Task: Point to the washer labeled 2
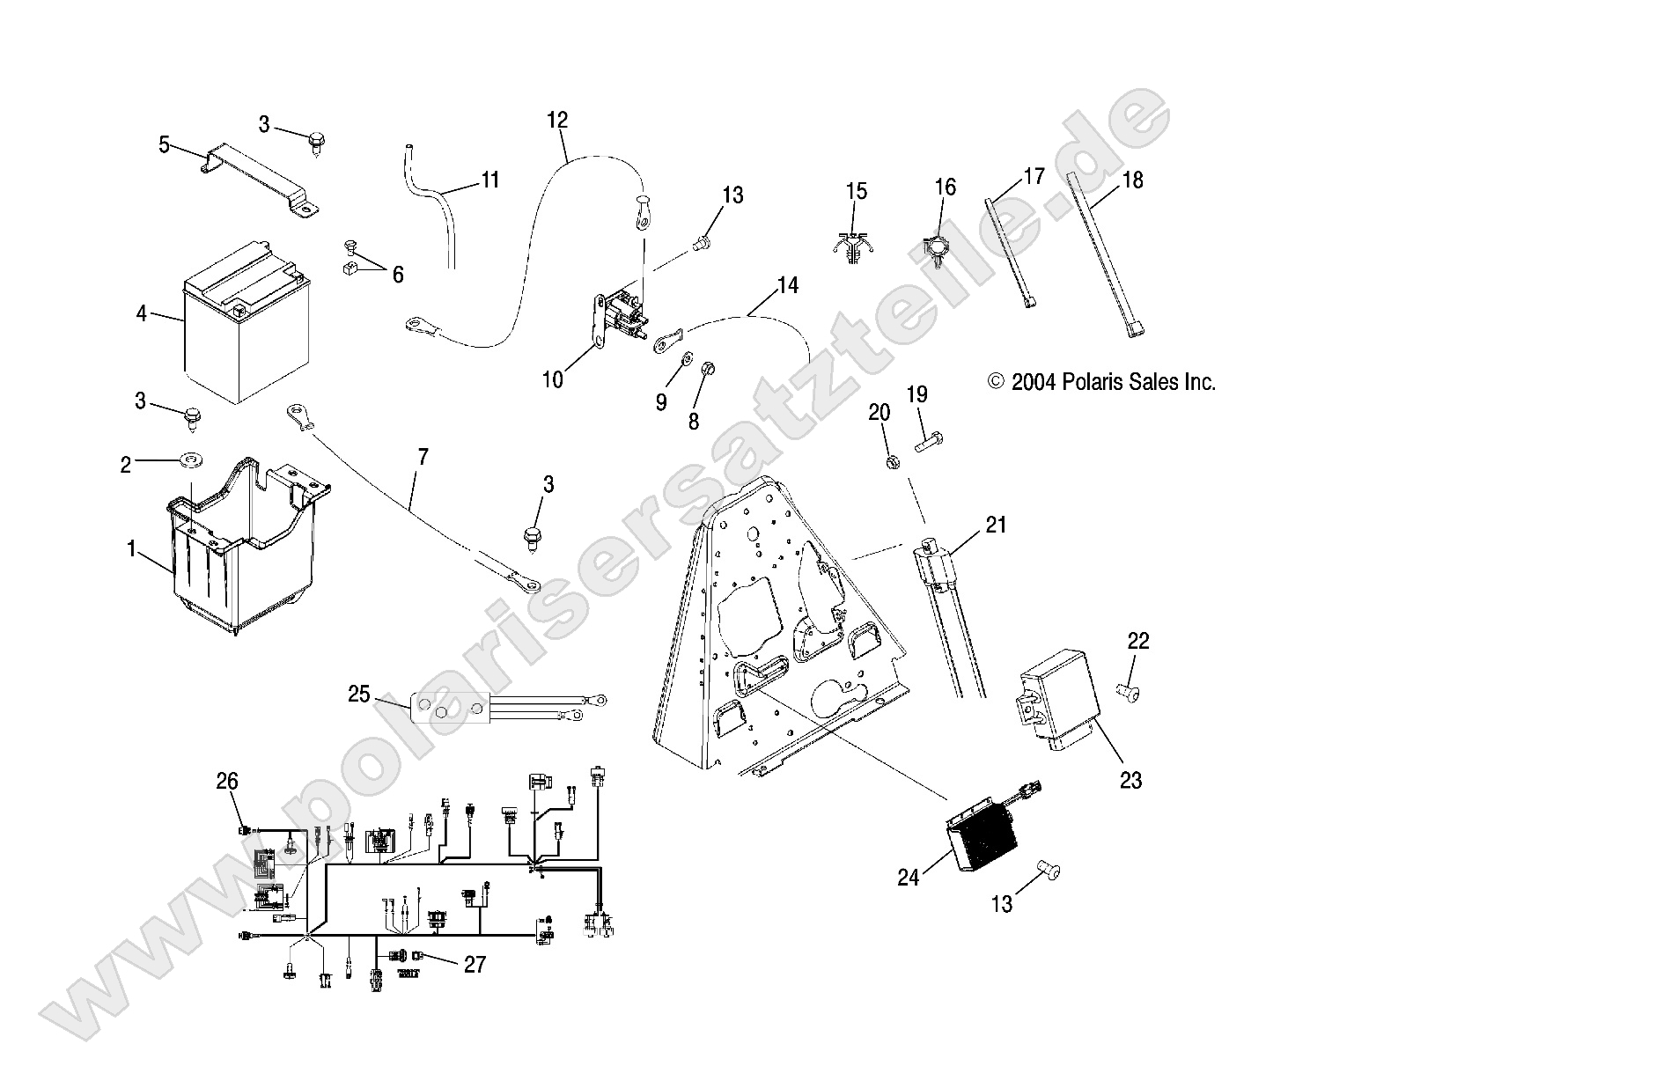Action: pyautogui.click(x=190, y=459)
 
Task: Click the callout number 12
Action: pyautogui.click(x=557, y=121)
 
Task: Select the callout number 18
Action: pyautogui.click(x=1132, y=180)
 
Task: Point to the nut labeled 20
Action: pyautogui.click(x=891, y=460)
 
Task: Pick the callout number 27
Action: pyautogui.click(x=475, y=965)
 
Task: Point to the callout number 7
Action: pyautogui.click(x=423, y=457)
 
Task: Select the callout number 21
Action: pyautogui.click(x=996, y=526)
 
